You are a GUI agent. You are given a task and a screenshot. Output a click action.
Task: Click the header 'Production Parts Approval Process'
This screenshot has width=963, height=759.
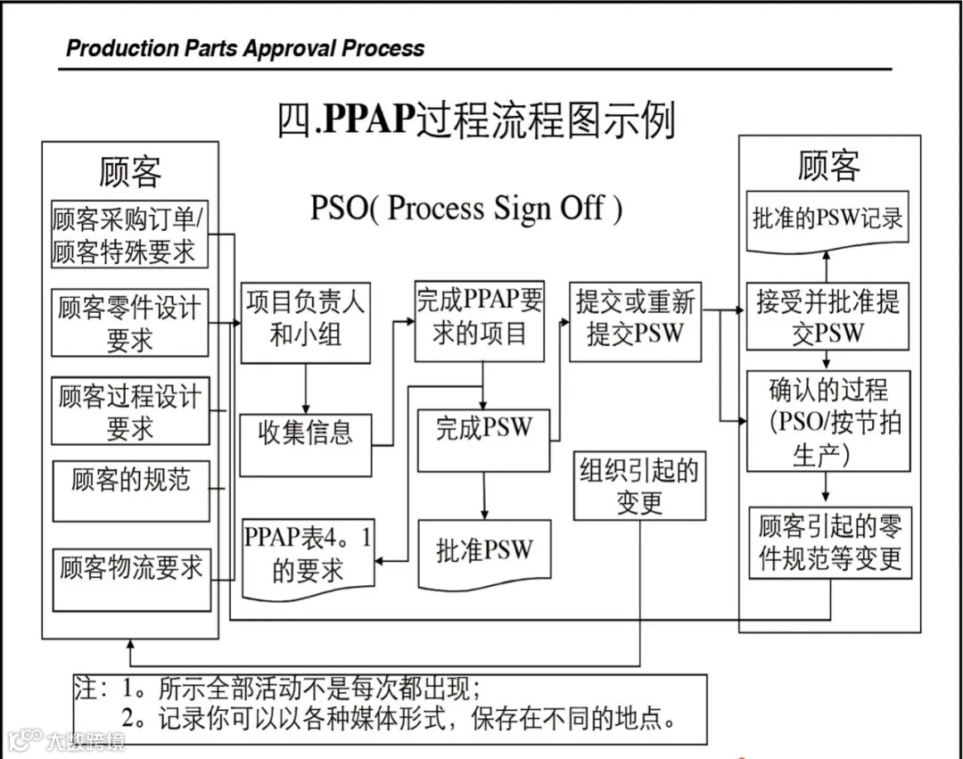[245, 47]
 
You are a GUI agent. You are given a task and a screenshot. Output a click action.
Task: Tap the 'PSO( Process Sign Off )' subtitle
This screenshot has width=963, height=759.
[466, 209]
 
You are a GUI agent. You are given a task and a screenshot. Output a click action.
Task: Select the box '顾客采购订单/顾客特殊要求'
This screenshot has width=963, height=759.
[129, 235]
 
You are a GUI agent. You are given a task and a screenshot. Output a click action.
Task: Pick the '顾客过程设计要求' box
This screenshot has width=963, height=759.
[129, 410]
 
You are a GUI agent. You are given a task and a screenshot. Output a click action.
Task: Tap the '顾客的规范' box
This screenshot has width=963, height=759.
[130, 490]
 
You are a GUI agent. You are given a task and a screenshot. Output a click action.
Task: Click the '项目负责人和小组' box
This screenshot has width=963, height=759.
[305, 322]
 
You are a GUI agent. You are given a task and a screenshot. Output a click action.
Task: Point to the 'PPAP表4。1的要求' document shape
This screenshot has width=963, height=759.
[308, 556]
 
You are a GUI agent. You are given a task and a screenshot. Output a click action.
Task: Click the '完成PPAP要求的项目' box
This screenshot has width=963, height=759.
[479, 321]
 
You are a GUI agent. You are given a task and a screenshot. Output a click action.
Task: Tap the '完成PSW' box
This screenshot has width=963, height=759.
[483, 439]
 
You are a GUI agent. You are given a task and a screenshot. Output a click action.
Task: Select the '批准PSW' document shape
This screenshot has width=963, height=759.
[483, 551]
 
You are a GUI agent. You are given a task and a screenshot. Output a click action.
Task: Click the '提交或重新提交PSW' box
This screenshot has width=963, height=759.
[635, 320]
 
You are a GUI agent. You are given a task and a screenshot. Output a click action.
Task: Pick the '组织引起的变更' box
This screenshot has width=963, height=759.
[639, 486]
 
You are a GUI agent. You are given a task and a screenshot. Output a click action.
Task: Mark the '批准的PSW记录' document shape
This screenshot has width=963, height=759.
[827, 219]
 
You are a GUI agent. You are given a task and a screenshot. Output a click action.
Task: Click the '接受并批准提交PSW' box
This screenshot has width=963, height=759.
[828, 318]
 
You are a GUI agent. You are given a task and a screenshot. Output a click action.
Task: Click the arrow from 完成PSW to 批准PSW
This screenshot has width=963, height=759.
[484, 495]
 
